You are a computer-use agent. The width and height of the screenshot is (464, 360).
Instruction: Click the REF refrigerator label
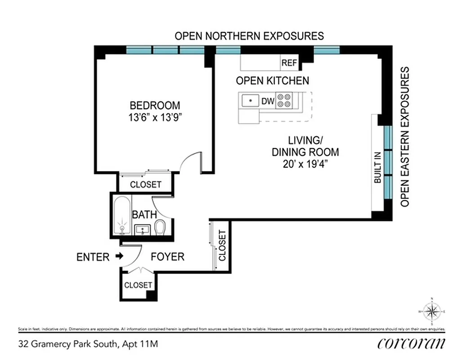pyautogui.click(x=289, y=63)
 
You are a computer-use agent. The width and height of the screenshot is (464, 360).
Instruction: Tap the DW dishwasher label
pyautogui.click(x=268, y=101)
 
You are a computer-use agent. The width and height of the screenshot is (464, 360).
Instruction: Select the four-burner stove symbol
pyautogui.click(x=284, y=100)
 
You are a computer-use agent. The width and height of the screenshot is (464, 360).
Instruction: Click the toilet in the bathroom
pyautogui.click(x=160, y=227)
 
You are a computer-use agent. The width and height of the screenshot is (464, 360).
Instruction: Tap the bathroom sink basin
pyautogui.click(x=143, y=229)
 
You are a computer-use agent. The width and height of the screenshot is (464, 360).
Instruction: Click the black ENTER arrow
pyautogui.click(x=119, y=256)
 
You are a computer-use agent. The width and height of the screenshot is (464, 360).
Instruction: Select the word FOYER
pyautogui.click(x=167, y=257)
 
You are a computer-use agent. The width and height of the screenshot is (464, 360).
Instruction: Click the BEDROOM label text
pyautogui.click(x=155, y=105)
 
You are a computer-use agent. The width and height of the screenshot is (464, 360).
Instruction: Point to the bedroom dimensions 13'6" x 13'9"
pyautogui.click(x=155, y=118)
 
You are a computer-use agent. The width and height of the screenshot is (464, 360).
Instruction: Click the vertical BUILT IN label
pyautogui.click(x=377, y=168)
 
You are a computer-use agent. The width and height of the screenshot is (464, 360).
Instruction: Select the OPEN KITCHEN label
pyautogui.click(x=272, y=81)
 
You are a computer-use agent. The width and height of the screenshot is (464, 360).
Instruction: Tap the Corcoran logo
pyautogui.click(x=411, y=343)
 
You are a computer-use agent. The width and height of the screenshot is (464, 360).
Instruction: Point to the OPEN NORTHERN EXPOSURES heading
pyautogui.click(x=249, y=36)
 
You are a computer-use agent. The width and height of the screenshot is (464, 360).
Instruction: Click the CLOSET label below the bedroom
pyautogui.click(x=145, y=184)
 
